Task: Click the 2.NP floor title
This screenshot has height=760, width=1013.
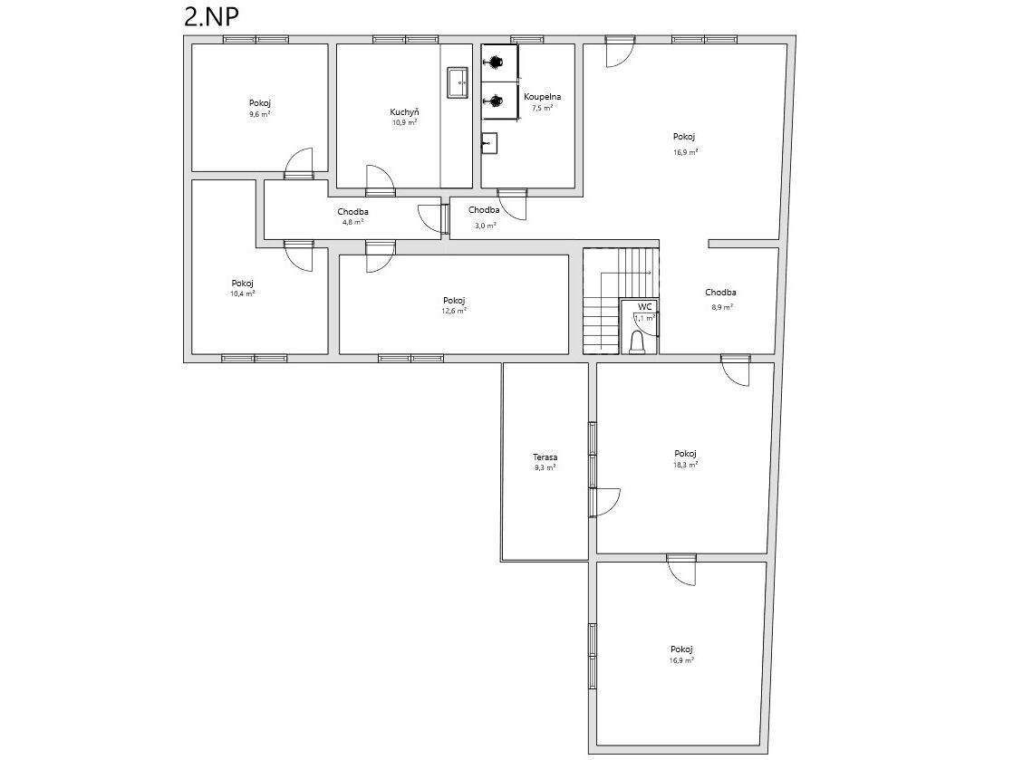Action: (x=211, y=17)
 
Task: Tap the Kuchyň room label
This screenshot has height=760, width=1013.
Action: (x=404, y=111)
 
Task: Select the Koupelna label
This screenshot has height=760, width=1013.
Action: (x=542, y=97)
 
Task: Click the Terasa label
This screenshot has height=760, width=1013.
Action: (x=545, y=457)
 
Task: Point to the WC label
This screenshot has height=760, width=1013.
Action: (x=645, y=307)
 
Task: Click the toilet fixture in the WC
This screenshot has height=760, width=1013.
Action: (x=638, y=343)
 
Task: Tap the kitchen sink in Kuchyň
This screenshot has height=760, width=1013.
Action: (x=458, y=82)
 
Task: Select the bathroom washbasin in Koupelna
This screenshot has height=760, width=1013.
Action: (x=489, y=143)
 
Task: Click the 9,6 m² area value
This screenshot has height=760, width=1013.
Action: (x=260, y=114)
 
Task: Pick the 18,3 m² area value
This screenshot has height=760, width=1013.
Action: (x=686, y=465)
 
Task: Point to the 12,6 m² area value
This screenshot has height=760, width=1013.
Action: (x=454, y=311)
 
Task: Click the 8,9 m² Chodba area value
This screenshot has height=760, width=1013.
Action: (x=721, y=307)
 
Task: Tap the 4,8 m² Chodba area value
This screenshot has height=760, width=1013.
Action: (x=352, y=222)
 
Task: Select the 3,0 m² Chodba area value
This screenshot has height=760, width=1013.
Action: (x=485, y=226)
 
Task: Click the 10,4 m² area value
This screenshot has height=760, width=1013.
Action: (x=242, y=293)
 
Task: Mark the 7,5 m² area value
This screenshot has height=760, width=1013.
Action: (x=542, y=108)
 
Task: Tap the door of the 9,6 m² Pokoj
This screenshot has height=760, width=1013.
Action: (x=299, y=163)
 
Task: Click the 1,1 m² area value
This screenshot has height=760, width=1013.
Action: (x=645, y=318)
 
